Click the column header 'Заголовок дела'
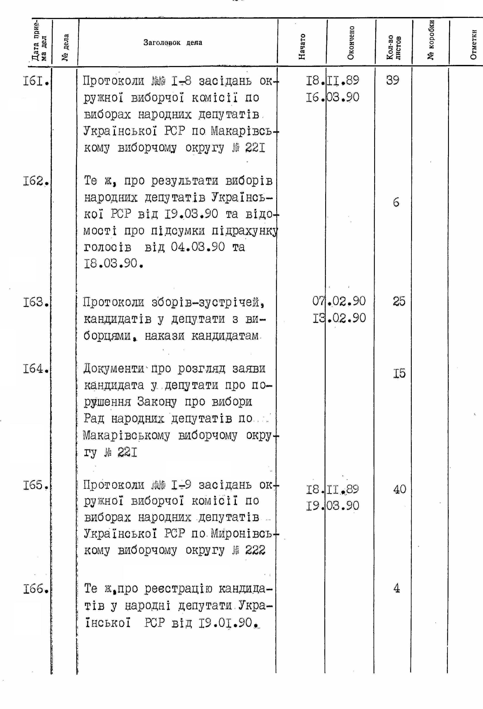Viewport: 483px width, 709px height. coord(173,42)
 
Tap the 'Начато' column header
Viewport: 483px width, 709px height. coord(302,46)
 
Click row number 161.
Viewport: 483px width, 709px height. coord(36,82)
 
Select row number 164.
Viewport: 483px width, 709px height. coord(36,369)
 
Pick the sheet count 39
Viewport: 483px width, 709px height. coord(393,80)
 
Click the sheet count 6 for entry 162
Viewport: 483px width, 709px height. coord(396,202)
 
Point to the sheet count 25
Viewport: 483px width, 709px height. coord(399,301)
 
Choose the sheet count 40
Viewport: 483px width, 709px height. coord(399,490)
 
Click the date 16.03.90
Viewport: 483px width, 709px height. coord(333,97)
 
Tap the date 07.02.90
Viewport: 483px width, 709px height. coord(339,301)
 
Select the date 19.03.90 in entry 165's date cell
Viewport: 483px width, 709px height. coord(333,506)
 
